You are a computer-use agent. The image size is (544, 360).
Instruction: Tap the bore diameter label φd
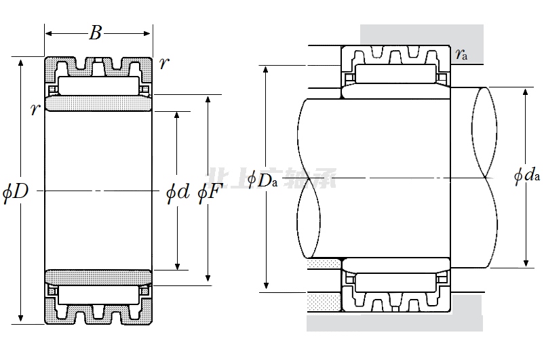178,193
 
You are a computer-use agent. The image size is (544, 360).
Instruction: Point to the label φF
209,193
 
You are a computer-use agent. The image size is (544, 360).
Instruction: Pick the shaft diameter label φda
527,176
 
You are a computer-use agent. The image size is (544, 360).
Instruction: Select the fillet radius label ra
461,54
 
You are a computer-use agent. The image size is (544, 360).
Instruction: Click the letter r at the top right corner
163,65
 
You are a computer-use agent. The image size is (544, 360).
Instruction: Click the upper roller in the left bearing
98,86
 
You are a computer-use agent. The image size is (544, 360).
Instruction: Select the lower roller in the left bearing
98,294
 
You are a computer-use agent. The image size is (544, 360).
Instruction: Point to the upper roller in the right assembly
395,74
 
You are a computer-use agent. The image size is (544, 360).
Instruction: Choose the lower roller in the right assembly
395,282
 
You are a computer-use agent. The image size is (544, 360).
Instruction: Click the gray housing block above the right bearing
421,35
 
